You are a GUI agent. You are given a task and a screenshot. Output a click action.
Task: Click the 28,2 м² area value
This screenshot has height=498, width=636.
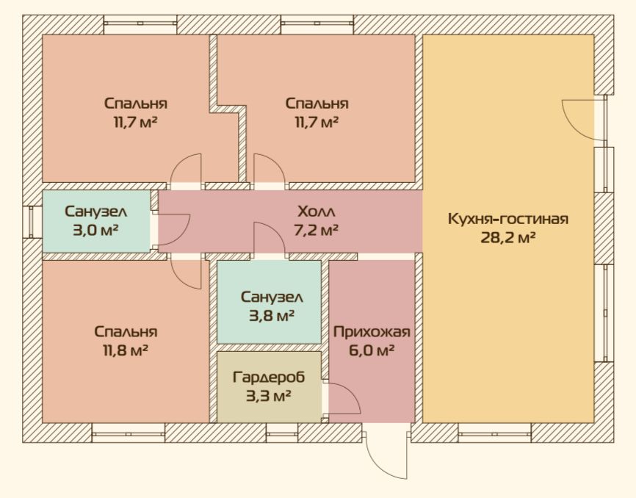point(507,238)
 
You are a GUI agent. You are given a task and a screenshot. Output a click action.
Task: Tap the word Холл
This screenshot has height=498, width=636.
point(317,212)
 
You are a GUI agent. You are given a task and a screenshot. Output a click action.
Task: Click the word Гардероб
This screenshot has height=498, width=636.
point(269,377)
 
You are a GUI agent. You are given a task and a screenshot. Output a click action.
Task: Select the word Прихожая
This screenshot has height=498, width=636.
point(372,332)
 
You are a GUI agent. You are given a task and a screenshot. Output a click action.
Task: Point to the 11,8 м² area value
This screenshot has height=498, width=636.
point(126,350)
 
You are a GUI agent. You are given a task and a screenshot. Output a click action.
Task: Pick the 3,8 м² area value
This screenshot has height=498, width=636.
point(271,316)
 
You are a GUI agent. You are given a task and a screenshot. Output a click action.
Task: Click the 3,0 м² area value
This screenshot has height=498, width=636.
point(95,231)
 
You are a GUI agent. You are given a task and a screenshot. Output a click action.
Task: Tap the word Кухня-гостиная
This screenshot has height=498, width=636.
point(507,219)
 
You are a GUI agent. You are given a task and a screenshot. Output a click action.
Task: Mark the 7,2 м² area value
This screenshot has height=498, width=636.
point(317,231)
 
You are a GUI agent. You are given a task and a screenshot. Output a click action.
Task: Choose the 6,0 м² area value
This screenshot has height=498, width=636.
point(372,350)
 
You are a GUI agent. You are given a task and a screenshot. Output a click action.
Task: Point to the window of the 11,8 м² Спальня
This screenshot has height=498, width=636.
point(129,433)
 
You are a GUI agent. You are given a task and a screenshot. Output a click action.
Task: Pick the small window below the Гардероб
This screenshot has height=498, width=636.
point(282,433)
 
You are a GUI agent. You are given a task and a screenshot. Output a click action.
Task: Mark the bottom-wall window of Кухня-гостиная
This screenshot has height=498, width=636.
point(495,433)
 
